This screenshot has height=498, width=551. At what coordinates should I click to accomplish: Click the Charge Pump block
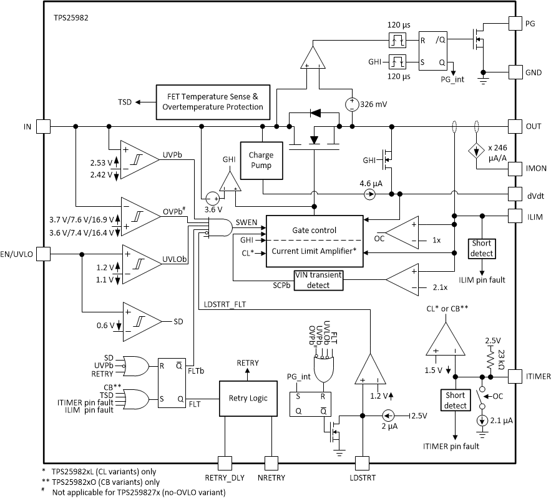[x=261, y=161]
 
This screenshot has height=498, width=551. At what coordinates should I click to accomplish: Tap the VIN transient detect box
[x=319, y=279]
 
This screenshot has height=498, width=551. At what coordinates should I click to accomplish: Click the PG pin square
[x=515, y=23]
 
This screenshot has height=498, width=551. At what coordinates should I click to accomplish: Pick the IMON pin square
[x=515, y=169]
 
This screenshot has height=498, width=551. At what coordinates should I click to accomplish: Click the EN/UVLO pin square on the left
[x=43, y=254]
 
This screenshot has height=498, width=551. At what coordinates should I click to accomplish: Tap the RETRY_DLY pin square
[x=223, y=463]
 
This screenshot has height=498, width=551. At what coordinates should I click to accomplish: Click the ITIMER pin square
[x=515, y=377]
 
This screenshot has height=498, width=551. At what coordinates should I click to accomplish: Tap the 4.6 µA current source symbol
[x=369, y=194]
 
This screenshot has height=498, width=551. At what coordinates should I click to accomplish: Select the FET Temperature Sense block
[x=213, y=102]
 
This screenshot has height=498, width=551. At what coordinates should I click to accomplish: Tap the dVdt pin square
[x=515, y=194]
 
